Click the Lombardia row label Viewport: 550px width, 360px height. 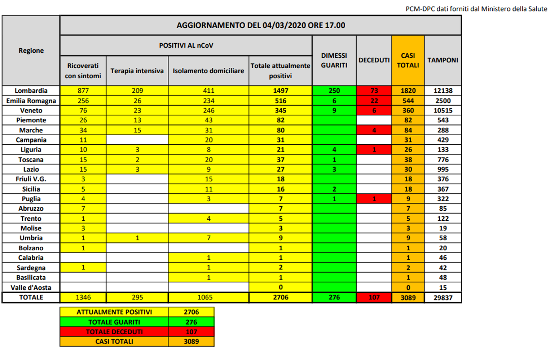(31, 90)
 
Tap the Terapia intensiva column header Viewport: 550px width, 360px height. (137, 71)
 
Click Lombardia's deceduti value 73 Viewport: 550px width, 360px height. (373, 90)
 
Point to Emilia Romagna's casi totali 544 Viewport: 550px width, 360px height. (408, 100)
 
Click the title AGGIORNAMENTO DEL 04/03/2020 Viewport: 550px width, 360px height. (261, 25)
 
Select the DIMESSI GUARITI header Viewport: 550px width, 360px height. (334, 60)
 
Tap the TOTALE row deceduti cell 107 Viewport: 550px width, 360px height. (373, 298)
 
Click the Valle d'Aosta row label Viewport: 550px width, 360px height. (31, 287)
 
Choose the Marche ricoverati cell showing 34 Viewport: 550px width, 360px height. (83, 130)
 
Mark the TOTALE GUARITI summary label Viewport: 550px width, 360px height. (114, 322)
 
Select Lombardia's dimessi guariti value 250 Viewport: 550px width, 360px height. (334, 90)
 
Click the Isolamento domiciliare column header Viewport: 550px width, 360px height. (208, 71)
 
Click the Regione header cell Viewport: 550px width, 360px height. (31, 51)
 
